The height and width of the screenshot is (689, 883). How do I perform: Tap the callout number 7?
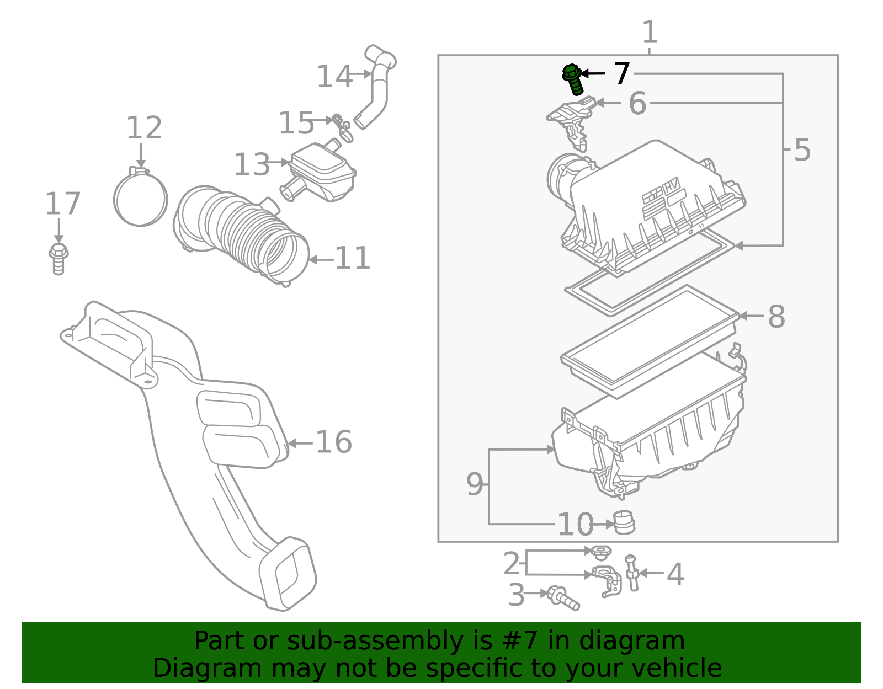(622, 74)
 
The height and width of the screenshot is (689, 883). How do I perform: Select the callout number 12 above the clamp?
(144, 129)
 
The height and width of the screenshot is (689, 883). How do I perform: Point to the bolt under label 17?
(58, 259)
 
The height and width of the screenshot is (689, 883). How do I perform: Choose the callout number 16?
(333, 442)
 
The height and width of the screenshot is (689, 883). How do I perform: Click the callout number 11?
(352, 259)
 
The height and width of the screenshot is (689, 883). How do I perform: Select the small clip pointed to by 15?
(342, 127)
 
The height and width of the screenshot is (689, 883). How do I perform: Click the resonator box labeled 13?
(323, 172)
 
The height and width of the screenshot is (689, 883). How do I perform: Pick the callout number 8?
(776, 317)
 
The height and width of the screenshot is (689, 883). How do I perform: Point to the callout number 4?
(675, 575)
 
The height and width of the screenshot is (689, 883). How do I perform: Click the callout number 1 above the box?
(650, 33)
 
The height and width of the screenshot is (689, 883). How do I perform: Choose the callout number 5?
(802, 151)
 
